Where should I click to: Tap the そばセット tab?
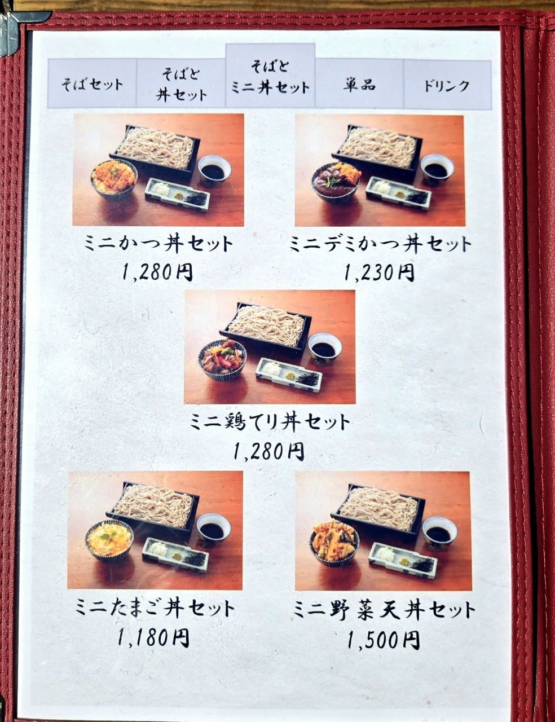click(x=92, y=84)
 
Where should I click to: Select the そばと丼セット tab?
click(x=181, y=84)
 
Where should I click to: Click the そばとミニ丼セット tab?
click(x=270, y=76)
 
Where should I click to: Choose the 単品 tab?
click(x=359, y=84)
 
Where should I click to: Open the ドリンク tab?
click(x=447, y=84)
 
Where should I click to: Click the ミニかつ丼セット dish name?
click(x=158, y=244)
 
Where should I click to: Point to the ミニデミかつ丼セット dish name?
click(x=381, y=244)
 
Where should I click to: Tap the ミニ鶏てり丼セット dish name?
click(x=270, y=422)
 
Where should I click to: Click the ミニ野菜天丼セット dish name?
click(x=385, y=609)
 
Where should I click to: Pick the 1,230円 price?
click(x=380, y=273)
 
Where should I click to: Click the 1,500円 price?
click(x=384, y=637)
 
